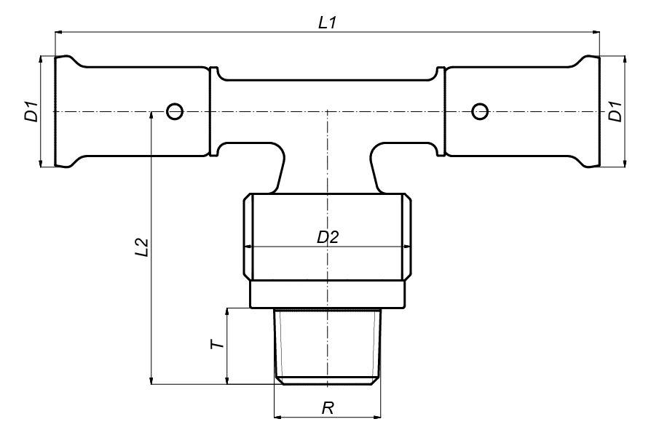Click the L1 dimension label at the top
pyautogui.click(x=328, y=23)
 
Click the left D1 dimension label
pyautogui.click(x=32, y=113)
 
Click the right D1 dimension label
pyautogui.click(x=615, y=113)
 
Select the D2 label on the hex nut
pyautogui.click(x=328, y=237)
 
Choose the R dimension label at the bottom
pyautogui.click(x=328, y=408)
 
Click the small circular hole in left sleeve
pyautogui.click(x=174, y=111)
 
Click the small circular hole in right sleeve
pyautogui.click(x=479, y=111)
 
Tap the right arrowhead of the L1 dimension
pyautogui.click(x=595, y=32)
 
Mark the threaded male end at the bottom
pyautogui.click(x=327, y=346)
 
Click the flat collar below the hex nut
pyautogui.click(x=327, y=295)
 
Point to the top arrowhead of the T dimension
pyautogui.click(x=228, y=311)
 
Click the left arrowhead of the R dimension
pyautogui.click(x=277, y=418)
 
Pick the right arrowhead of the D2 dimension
pyautogui.click(x=402, y=247)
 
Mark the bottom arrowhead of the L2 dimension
pyautogui.click(x=151, y=380)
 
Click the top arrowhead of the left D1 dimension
pyautogui.click(x=43, y=60)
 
